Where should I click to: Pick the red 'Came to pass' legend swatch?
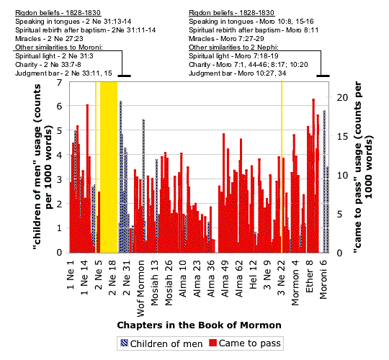coord(213,343)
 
